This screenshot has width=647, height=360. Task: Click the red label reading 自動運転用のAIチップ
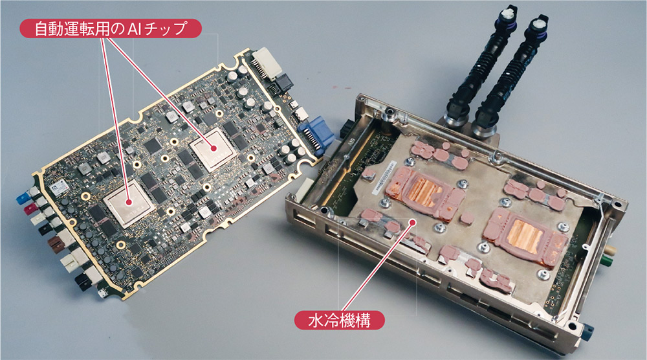click(x=111, y=28)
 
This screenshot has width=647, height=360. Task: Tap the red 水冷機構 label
click(x=339, y=321)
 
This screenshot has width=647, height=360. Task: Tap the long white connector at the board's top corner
click(x=267, y=63)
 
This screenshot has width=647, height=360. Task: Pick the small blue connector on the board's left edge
click(x=22, y=199)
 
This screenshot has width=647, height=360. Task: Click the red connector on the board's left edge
click(x=29, y=210)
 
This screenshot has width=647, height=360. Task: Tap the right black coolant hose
click(x=510, y=76)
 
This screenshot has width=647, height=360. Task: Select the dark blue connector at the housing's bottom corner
click(x=587, y=330)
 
